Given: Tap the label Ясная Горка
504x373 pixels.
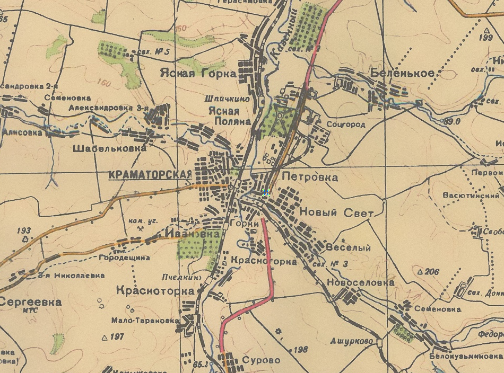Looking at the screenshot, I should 198,74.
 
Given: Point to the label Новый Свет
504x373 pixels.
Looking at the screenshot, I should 337,212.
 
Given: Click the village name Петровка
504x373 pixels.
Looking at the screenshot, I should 310,177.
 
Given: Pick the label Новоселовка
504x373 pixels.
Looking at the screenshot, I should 360,282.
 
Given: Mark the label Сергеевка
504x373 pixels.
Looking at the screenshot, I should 31,302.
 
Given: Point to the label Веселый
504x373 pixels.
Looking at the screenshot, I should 347,248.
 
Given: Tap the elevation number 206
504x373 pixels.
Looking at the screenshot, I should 432,272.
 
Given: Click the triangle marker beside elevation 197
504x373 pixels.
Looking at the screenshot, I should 105,337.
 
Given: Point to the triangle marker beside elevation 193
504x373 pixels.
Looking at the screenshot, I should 25,238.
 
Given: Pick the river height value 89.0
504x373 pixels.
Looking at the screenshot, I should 451,121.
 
